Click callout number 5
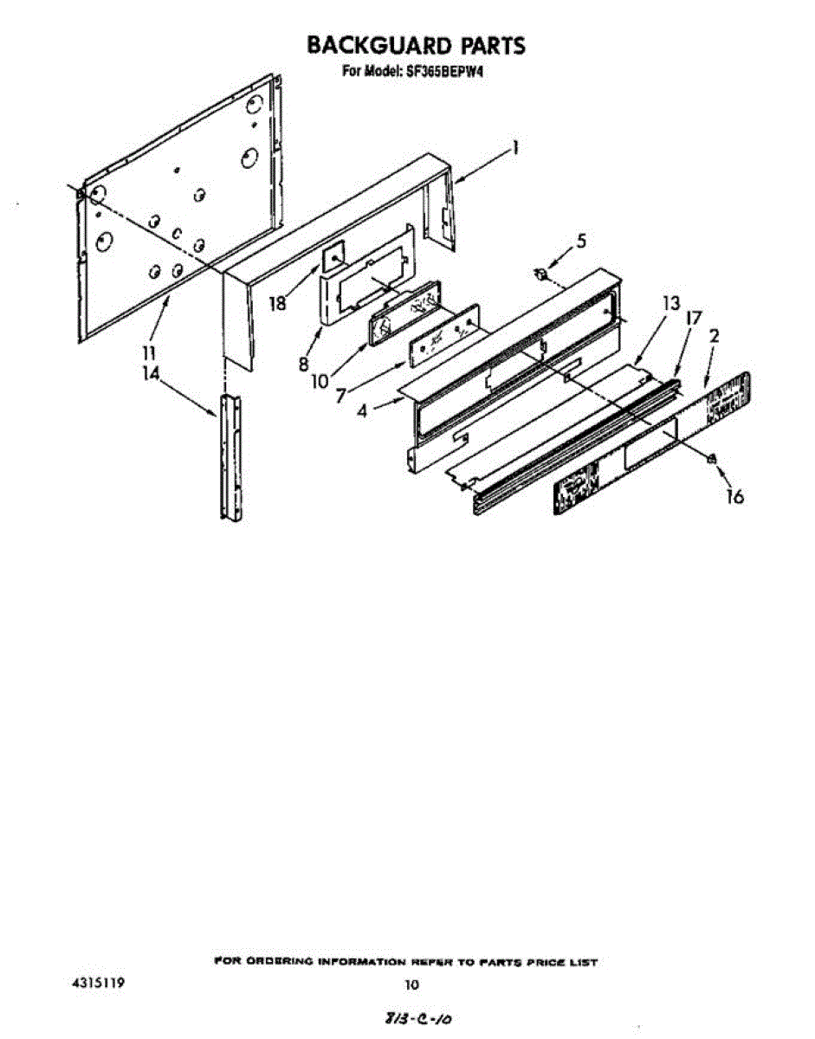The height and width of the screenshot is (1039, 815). (581, 242)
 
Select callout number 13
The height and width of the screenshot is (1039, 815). (669, 304)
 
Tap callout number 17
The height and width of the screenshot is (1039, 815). (693, 318)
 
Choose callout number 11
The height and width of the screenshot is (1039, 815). (149, 353)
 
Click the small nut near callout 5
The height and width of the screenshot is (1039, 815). (541, 274)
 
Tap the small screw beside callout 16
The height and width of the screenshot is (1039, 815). (711, 460)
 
